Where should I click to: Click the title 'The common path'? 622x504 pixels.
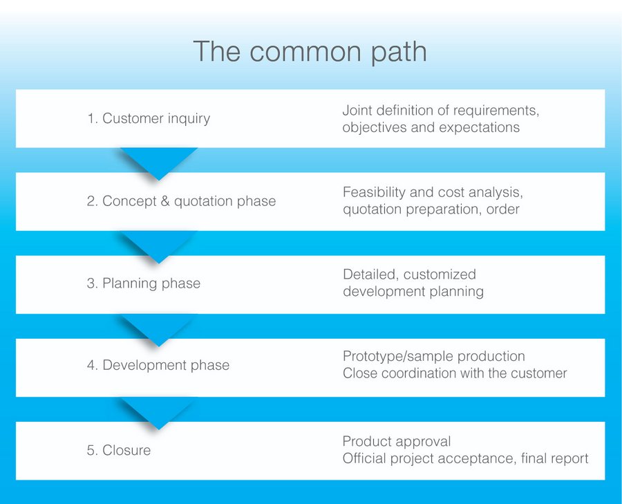pyautogui.click(x=309, y=52)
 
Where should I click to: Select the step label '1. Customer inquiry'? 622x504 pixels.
pyautogui.click(x=149, y=118)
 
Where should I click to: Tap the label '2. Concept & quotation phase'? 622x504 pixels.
pyautogui.click(x=182, y=201)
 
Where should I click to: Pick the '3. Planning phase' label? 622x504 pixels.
pyautogui.click(x=144, y=283)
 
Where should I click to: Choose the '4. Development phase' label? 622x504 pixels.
pyautogui.click(x=158, y=365)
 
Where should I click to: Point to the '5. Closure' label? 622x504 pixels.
pyautogui.click(x=119, y=450)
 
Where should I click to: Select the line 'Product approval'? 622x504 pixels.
pyautogui.click(x=397, y=441)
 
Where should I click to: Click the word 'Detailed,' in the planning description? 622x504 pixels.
pyautogui.click(x=370, y=274)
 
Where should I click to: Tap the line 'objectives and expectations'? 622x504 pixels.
pyautogui.click(x=431, y=127)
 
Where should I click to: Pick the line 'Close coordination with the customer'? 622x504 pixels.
pyautogui.click(x=455, y=373)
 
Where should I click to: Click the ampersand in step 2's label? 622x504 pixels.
pyautogui.click(x=164, y=201)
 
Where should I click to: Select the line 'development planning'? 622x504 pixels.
pyautogui.click(x=413, y=291)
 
